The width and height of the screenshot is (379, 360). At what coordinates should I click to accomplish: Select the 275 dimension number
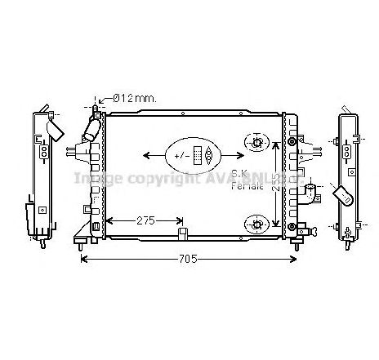point(146,220)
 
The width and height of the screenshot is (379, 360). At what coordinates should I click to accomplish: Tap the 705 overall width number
point(189,260)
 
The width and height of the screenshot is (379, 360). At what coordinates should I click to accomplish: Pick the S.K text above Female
point(239,173)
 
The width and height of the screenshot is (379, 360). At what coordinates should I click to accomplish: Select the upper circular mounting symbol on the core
point(256,144)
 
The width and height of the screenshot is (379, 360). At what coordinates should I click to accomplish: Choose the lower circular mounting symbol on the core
point(256,222)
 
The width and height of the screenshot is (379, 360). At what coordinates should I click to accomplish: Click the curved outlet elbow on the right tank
point(310,194)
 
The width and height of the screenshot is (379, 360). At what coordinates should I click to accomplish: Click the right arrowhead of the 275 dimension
point(181,220)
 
